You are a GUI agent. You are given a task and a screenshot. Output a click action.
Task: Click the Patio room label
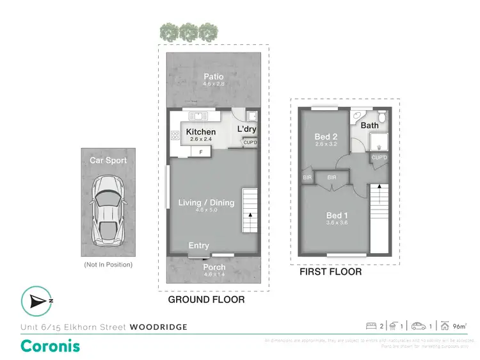[214, 77]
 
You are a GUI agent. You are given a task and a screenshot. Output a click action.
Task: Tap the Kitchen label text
[201, 133]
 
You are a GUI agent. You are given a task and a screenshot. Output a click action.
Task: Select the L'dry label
[246, 129]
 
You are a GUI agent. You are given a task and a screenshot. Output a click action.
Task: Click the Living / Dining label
[206, 202]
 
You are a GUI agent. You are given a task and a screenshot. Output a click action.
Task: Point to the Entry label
[199, 246]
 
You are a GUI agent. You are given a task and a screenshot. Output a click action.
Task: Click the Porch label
[214, 267]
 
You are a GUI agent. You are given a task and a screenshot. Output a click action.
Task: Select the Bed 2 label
[326, 136]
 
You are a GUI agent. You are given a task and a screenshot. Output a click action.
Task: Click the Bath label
[369, 126]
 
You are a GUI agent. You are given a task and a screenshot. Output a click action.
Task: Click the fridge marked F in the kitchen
[200, 152]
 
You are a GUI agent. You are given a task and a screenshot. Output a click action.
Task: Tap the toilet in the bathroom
[381, 117]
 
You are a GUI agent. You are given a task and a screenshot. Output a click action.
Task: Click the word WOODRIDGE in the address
[159, 327]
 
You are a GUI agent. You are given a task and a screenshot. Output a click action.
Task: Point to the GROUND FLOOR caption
[206, 299]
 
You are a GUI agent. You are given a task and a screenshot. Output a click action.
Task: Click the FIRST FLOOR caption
[331, 272]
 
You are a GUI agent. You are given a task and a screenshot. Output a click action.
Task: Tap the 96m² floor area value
[458, 327]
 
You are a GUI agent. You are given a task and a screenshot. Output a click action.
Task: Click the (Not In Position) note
[108, 265]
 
